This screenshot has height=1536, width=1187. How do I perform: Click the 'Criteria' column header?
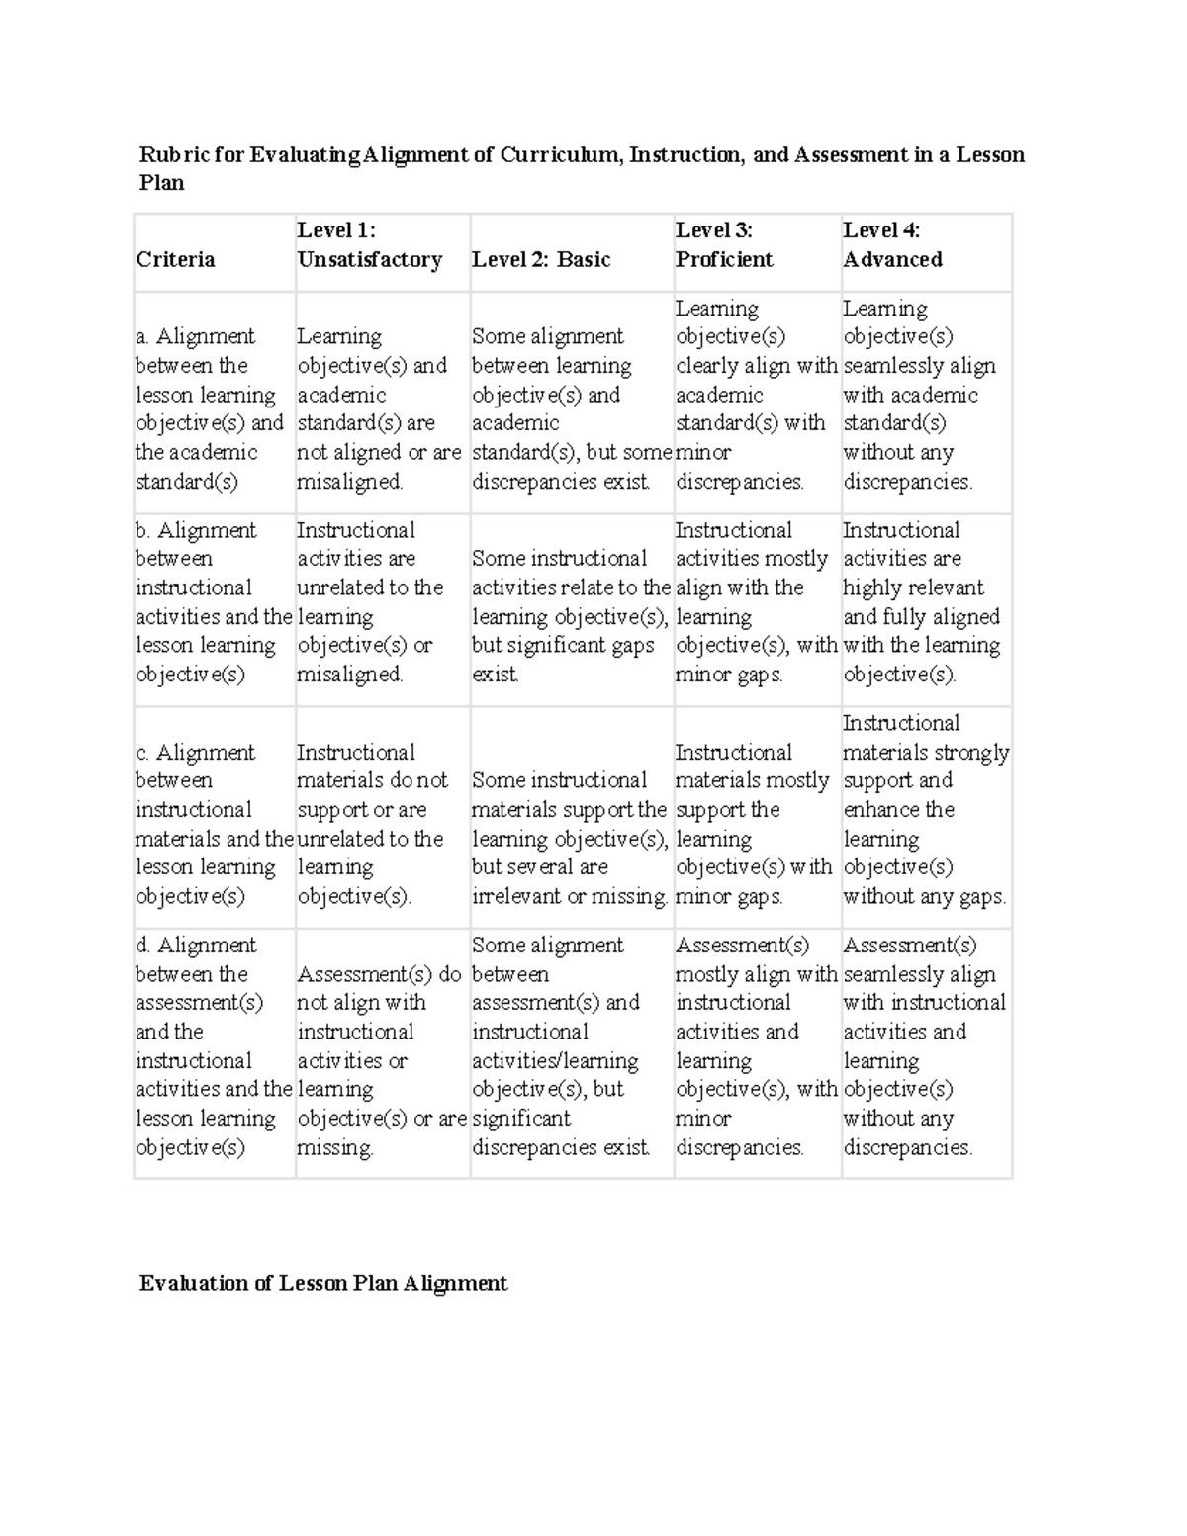175,260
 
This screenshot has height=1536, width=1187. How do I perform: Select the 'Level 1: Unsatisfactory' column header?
369,245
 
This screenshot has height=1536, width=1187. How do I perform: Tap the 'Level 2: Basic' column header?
540,260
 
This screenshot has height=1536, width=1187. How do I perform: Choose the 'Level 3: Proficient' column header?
723,245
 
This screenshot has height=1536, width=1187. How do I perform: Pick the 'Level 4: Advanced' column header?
891,245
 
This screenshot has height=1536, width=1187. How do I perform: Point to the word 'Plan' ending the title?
161,183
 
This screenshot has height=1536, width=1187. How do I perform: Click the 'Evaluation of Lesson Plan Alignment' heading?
322,1284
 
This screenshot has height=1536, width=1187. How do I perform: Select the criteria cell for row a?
210,408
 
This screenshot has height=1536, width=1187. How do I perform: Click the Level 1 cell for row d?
381,1060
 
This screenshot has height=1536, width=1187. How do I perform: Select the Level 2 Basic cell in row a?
571,408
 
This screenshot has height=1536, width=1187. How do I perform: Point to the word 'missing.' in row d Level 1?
335,1148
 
